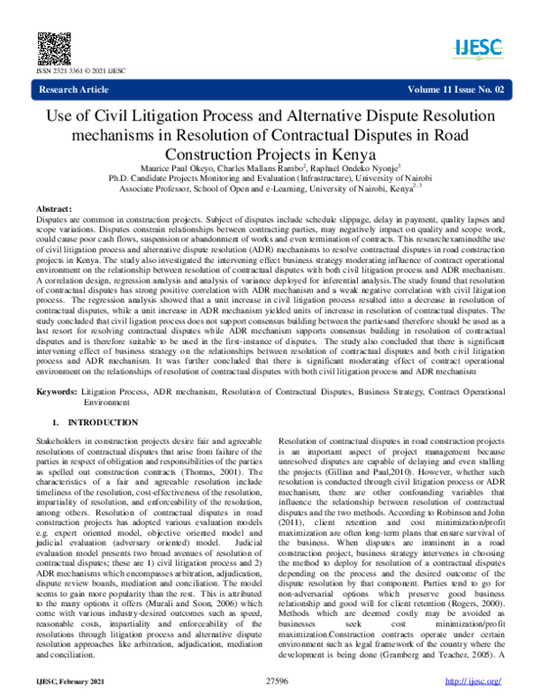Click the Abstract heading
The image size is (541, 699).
point(53,206)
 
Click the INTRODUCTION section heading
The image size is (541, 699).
point(94,422)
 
